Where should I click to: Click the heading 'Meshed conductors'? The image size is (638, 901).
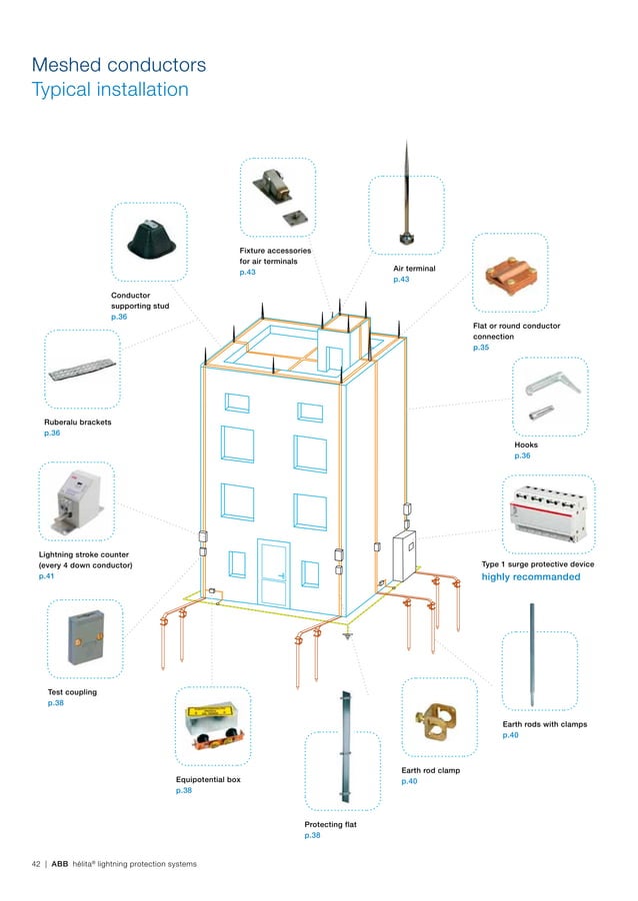click(119, 65)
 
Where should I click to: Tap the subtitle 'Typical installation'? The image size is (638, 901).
click(110, 90)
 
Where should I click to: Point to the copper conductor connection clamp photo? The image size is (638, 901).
click(507, 273)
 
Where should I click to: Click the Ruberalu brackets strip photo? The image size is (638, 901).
click(83, 368)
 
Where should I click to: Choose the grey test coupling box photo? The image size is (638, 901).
click(83, 636)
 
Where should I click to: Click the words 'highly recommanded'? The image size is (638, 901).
click(530, 577)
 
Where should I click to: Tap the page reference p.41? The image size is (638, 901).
click(46, 576)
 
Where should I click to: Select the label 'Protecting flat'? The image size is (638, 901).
click(330, 824)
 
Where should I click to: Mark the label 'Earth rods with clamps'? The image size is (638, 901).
click(544, 723)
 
